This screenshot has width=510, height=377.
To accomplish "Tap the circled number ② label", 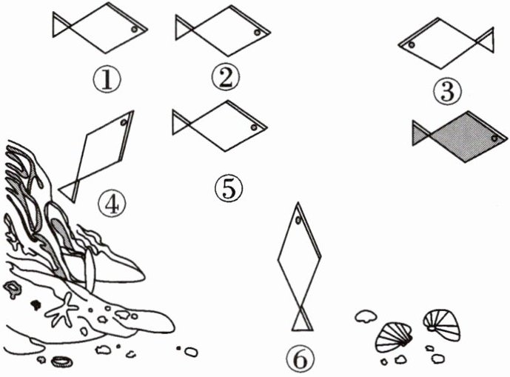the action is (x=224, y=77).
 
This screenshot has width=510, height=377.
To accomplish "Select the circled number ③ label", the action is (x=448, y=90).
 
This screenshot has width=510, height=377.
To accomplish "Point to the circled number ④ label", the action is (x=110, y=200).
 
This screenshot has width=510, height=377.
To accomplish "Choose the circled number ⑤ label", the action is (x=229, y=187).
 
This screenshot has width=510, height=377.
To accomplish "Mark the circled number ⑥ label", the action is (x=299, y=361).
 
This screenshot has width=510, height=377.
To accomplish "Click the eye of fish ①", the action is (x=134, y=29).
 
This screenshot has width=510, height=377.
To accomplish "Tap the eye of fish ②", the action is (x=256, y=33).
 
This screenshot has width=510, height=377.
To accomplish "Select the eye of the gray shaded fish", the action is (x=493, y=136).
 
